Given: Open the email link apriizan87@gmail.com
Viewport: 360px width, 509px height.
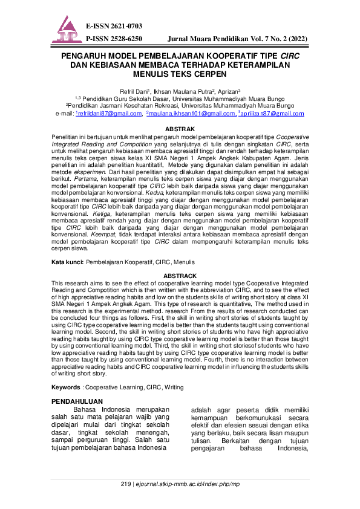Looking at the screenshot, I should click(x=272, y=113).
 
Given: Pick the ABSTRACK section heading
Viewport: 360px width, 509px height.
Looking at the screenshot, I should click(x=180, y=276).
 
